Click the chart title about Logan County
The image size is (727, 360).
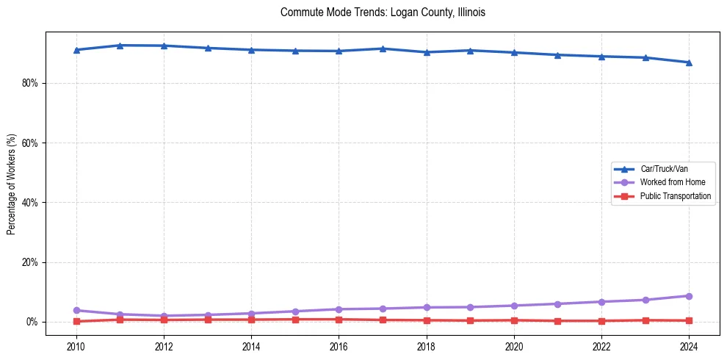[x=383, y=12]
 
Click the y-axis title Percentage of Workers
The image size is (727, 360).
[x=11, y=184]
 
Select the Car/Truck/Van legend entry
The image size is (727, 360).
[x=663, y=169]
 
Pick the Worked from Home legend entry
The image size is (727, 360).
[x=672, y=182]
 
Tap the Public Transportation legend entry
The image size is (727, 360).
[x=675, y=196]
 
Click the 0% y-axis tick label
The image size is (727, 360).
[x=32, y=322]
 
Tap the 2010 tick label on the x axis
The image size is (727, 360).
[x=76, y=345]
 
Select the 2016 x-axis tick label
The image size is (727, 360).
[x=339, y=345]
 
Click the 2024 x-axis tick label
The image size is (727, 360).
[x=689, y=345]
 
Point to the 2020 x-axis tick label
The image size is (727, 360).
[x=514, y=345]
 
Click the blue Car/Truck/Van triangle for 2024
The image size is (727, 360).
[x=689, y=62]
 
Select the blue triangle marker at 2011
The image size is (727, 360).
[x=120, y=46]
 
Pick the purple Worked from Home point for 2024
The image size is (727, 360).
[x=689, y=296]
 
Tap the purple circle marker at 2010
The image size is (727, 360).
[x=76, y=310]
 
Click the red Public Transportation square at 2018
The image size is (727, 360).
[x=427, y=320]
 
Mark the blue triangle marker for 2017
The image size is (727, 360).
[x=383, y=48]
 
